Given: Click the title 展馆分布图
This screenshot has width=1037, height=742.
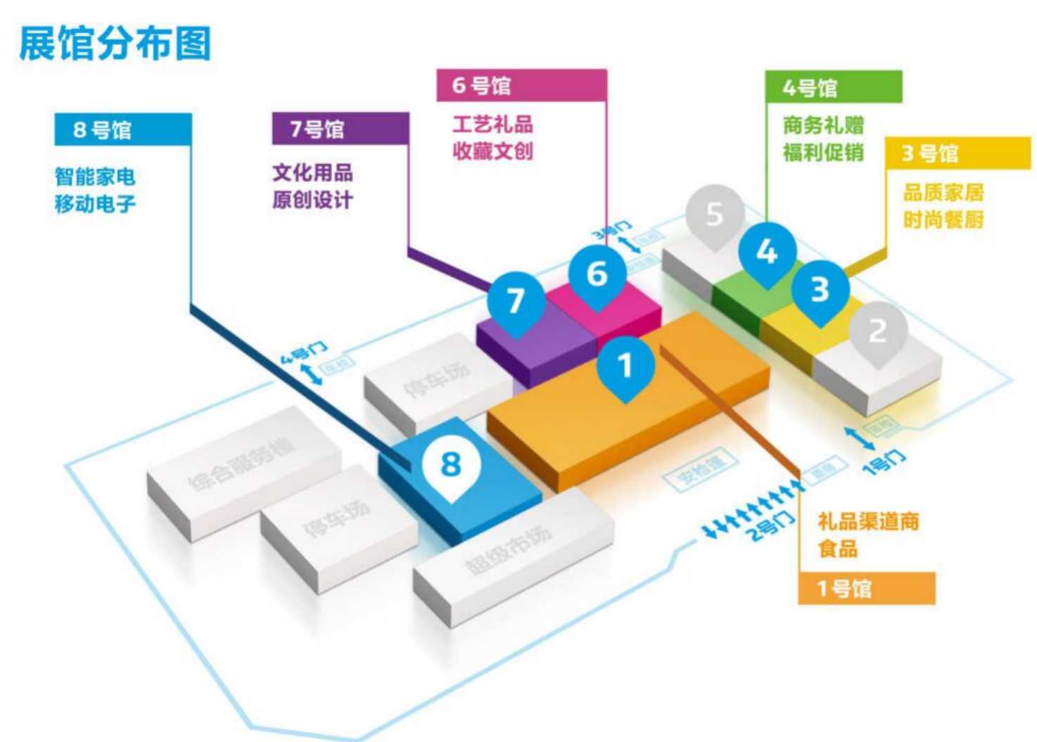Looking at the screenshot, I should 115,44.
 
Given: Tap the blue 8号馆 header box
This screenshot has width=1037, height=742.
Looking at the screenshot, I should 122,129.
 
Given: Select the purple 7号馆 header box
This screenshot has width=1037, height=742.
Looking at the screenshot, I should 340,129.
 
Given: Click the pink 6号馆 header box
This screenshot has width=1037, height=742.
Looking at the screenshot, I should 521,85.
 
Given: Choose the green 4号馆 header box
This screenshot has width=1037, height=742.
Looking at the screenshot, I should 833,87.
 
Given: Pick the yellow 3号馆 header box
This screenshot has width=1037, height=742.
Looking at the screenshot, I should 957,153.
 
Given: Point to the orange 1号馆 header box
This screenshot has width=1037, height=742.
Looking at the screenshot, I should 866,588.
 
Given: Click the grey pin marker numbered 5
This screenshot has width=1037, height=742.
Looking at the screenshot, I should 714,215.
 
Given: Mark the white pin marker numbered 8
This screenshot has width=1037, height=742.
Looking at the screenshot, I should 451,464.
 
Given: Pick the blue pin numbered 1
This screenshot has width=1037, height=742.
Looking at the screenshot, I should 625,366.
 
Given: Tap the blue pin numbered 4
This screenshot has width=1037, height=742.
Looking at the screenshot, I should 767,252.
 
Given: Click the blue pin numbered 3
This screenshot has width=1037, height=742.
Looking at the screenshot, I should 820,290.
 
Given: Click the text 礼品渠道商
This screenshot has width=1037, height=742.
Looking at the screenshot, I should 868,521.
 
